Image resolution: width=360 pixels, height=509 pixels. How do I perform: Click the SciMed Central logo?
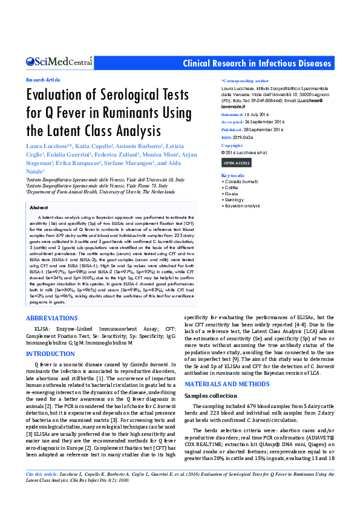59,62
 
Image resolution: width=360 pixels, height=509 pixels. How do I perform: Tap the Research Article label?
43,80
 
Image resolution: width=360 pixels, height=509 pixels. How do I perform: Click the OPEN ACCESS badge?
237,163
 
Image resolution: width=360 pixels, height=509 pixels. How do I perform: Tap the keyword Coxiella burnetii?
241,181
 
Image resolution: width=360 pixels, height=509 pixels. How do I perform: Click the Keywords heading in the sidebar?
233,175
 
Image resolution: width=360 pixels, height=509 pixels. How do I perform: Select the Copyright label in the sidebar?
232,146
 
